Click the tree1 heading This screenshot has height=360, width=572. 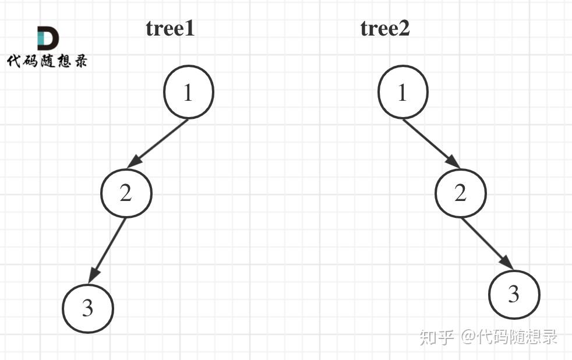point(170,29)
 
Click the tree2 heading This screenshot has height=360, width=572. point(385,29)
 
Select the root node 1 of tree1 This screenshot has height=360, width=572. point(188,92)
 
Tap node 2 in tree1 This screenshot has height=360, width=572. point(126,193)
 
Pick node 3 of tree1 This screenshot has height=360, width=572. point(88,308)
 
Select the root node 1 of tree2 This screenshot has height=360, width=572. point(402,92)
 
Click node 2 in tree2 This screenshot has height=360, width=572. point(461,193)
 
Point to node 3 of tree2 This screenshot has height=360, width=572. point(514,294)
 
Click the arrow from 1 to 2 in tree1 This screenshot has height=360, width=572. point(158,144)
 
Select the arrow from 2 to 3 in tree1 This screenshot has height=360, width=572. point(107,250)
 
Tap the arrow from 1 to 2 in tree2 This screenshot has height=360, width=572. point(431,144)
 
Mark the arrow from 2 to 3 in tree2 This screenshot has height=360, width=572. point(488,244)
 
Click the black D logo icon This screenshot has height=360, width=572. point(48,38)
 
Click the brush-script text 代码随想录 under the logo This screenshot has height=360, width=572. point(47,61)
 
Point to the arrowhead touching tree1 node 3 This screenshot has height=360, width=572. point(93,274)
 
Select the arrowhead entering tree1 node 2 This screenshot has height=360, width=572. point(134,163)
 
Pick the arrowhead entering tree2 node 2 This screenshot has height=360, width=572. point(453,162)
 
